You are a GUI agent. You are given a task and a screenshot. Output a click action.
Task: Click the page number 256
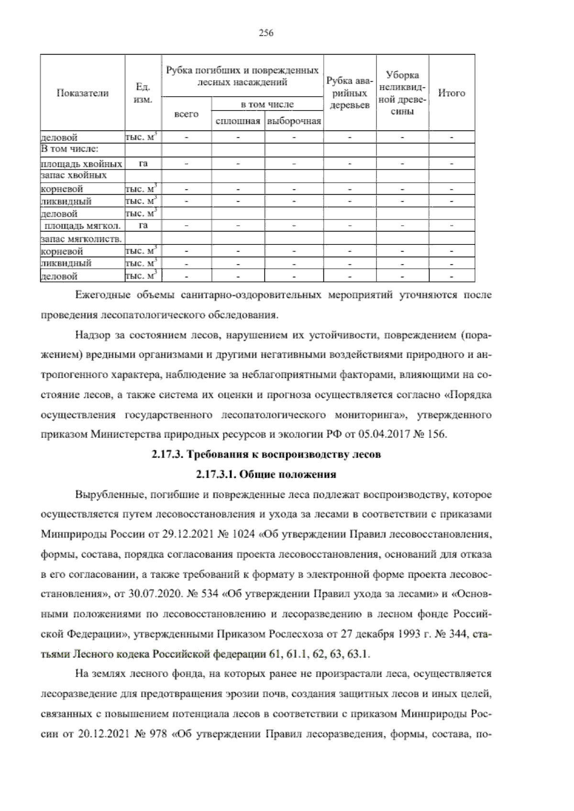point(265,33)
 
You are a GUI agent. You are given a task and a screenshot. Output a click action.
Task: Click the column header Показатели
point(82,93)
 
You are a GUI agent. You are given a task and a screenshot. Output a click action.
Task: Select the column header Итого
point(451,93)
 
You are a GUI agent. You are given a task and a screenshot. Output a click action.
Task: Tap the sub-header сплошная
point(238,121)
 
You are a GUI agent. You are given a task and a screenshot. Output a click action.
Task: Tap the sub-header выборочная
point(294,121)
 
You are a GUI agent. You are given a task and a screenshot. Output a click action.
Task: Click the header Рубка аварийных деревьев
point(350,93)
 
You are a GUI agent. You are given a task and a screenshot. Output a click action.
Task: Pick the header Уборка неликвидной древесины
point(402,93)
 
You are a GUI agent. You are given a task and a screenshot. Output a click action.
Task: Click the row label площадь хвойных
point(82,164)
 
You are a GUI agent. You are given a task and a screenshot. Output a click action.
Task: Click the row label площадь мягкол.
point(82,225)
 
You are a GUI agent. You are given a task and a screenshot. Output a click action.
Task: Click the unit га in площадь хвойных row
point(143,164)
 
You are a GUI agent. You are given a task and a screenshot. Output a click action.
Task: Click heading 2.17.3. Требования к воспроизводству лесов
point(266,455)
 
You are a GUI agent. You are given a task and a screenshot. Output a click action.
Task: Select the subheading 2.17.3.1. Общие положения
point(266,474)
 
